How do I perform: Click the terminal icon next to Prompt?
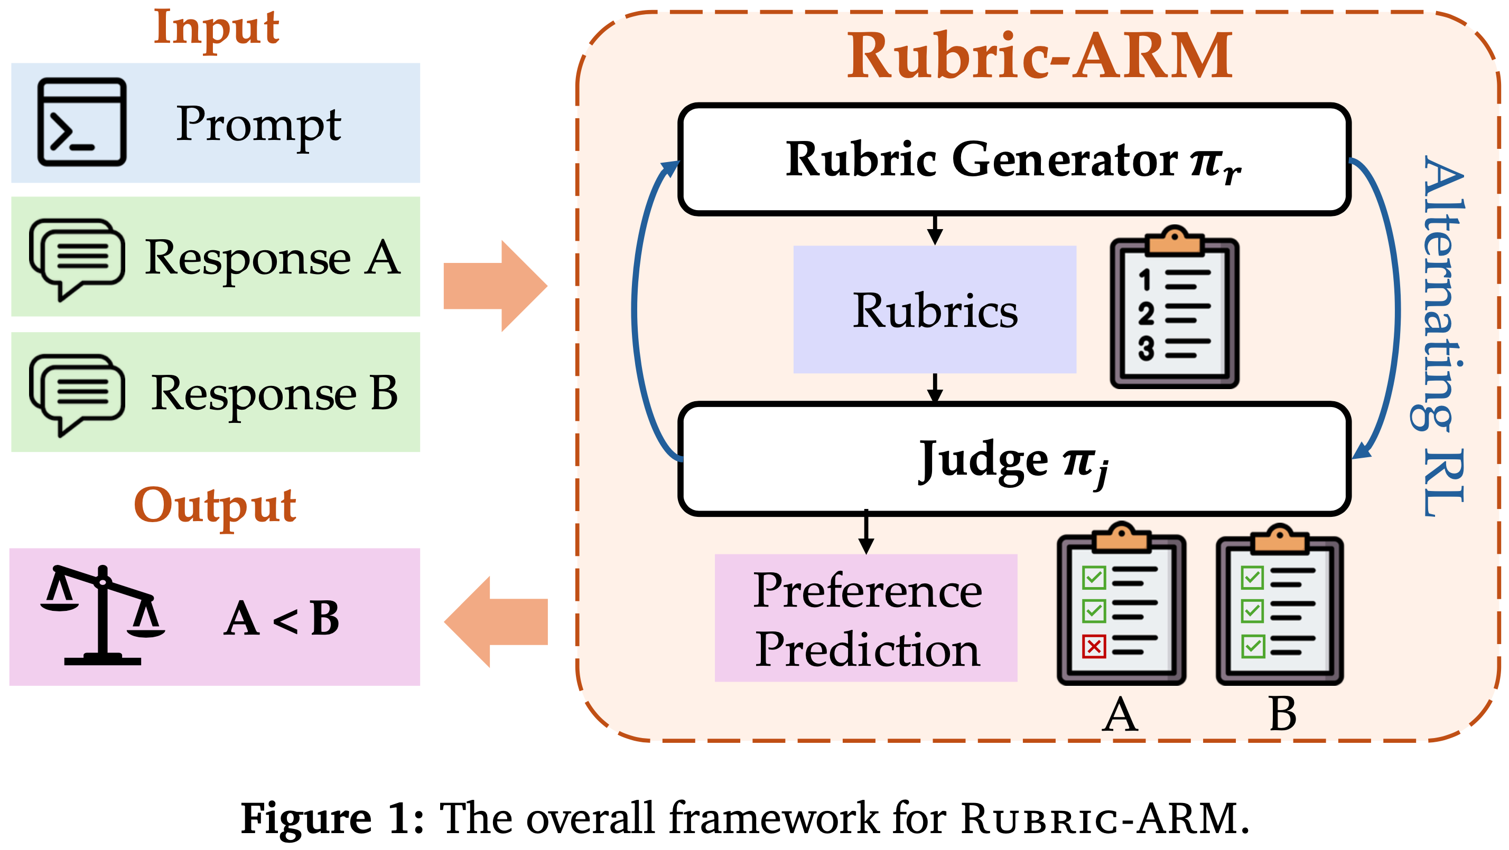point(81,122)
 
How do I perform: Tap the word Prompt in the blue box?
point(258,124)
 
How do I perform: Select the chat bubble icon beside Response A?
point(77,258)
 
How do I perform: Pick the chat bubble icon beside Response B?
point(77,393)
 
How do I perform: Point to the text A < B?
point(281,619)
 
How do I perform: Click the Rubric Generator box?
point(1014,159)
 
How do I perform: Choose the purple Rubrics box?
point(934,310)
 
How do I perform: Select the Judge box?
point(1014,459)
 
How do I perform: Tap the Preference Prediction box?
point(866,618)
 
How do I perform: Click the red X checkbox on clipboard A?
point(1093,646)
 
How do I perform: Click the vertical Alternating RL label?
point(1443,337)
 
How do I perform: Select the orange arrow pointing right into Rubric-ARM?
point(496,286)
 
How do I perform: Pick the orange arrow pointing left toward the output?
point(496,622)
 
